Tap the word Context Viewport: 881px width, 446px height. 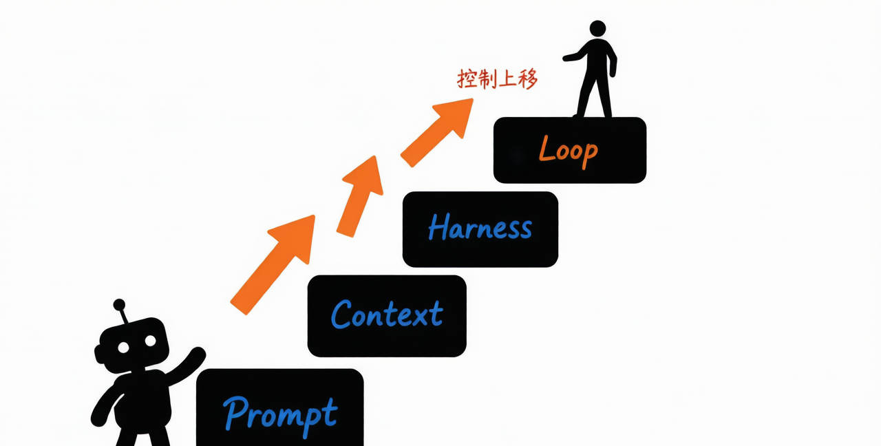coord(387,314)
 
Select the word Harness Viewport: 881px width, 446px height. coord(480,227)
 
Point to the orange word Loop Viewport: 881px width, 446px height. coord(569,151)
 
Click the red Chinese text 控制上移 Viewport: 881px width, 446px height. coord(497,79)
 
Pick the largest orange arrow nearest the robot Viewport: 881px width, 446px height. coord(273,265)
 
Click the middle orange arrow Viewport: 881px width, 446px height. coord(360,196)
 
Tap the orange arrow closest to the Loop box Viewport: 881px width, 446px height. coord(437,133)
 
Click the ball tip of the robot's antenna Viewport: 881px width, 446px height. coord(119,305)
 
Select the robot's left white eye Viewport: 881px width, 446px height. coord(123,348)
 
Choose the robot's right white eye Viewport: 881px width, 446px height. coord(150,341)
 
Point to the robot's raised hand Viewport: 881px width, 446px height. coord(198,353)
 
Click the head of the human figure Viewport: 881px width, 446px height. coord(597,29)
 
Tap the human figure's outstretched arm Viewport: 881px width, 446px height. coord(575,56)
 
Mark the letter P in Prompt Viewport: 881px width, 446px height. coord(235,413)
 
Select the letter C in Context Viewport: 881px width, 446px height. coord(341,314)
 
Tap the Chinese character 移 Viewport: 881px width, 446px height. coord(528,79)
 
